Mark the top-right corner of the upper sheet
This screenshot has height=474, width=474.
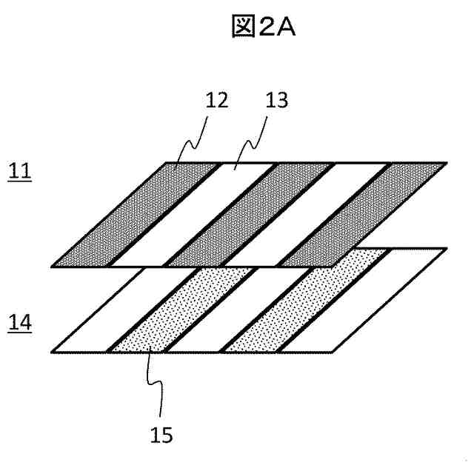448,162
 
